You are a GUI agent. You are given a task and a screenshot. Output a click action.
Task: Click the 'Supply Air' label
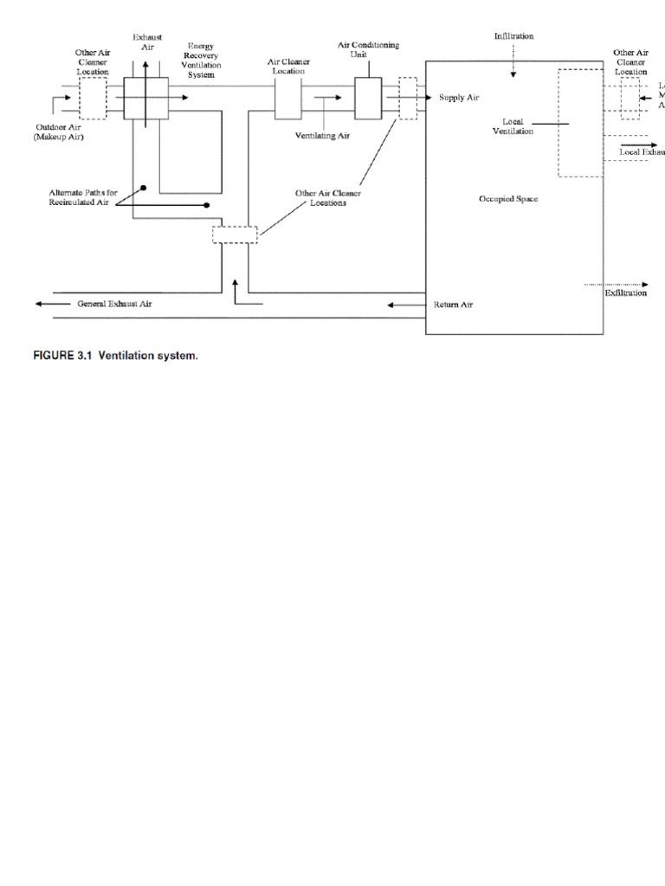pyautogui.click(x=458, y=98)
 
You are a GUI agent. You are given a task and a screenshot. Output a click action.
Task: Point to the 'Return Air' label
pyautogui.click(x=453, y=305)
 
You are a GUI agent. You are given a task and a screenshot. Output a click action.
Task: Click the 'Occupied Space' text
pyautogui.click(x=508, y=199)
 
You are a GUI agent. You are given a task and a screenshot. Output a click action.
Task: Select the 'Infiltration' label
pyautogui.click(x=513, y=36)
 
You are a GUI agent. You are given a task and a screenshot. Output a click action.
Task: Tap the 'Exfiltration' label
pyautogui.click(x=625, y=293)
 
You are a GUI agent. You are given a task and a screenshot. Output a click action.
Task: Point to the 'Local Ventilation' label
pyautogui.click(x=513, y=126)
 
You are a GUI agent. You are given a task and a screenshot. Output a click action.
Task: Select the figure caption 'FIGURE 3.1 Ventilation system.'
pyautogui.click(x=115, y=356)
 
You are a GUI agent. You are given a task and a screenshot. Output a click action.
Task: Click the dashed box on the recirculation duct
pyautogui.click(x=235, y=234)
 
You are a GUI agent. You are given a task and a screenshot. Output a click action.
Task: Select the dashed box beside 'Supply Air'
pyautogui.click(x=407, y=98)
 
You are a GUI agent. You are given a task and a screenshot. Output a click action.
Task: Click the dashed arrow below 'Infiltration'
pyautogui.click(x=513, y=63)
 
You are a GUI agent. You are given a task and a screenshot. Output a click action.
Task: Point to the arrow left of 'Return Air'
pyautogui.click(x=402, y=305)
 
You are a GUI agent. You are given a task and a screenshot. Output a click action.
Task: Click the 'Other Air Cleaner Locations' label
pyautogui.click(x=328, y=198)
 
